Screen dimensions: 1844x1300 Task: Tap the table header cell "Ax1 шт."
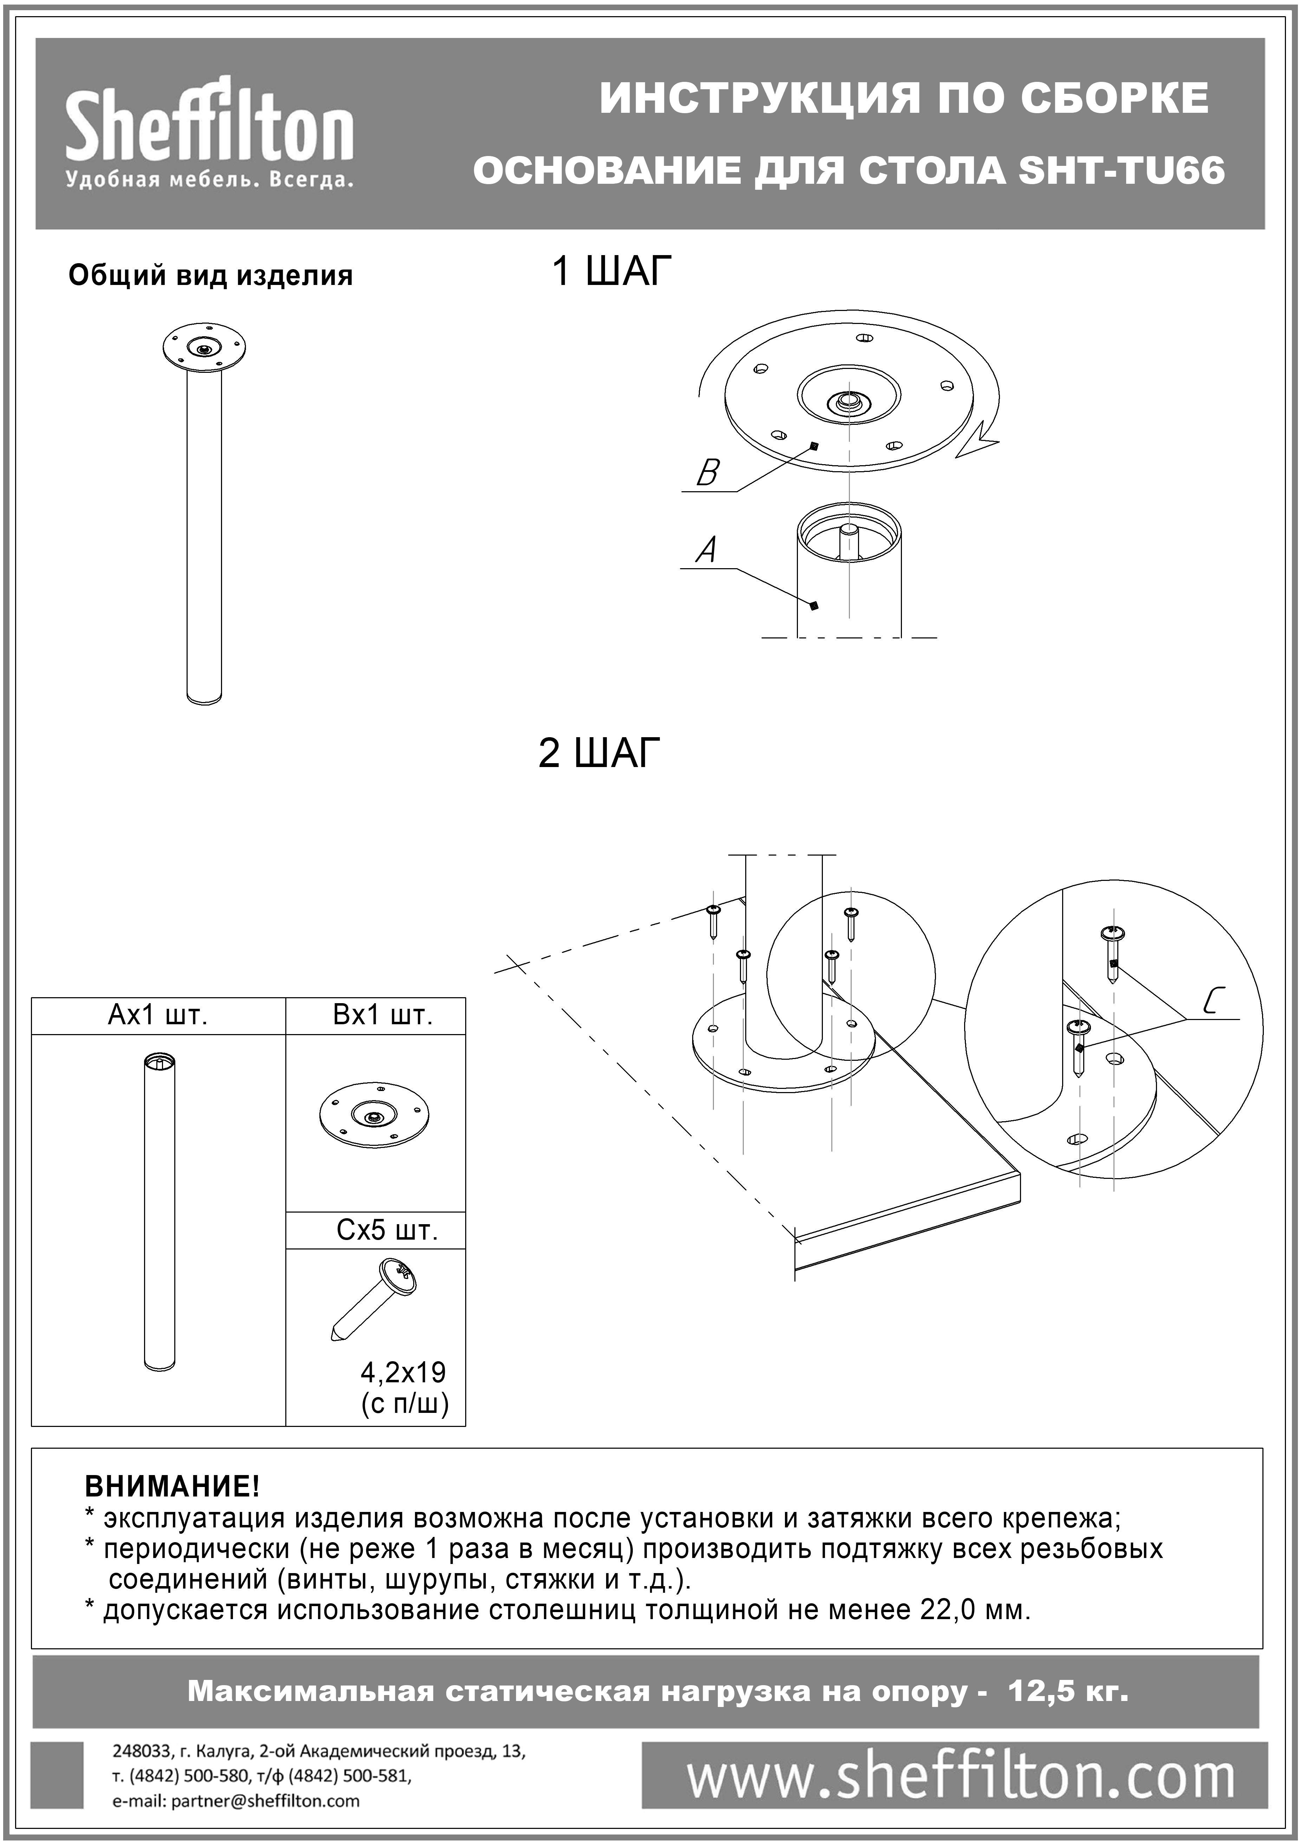click(157, 1016)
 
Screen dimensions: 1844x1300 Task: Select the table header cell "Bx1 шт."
click(383, 1016)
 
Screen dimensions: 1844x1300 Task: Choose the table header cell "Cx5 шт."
click(387, 1231)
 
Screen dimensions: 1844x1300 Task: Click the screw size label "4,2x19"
click(403, 1372)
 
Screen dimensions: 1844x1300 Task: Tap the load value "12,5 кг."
click(1068, 1692)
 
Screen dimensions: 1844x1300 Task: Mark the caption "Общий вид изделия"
click(210, 275)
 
